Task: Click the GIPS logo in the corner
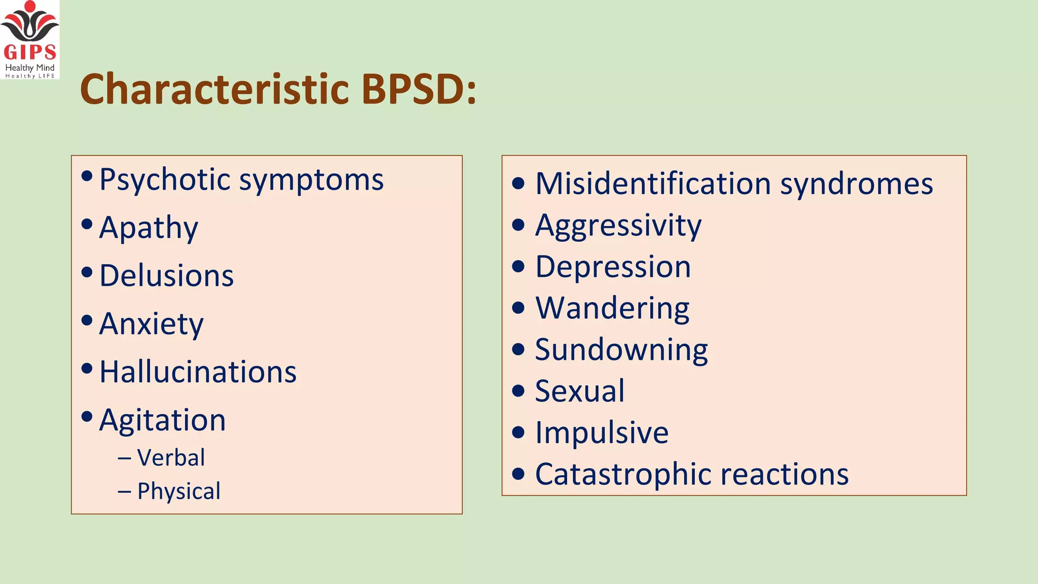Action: (x=30, y=40)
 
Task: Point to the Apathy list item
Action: (x=149, y=228)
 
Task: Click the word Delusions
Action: (x=166, y=276)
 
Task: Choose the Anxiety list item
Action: (x=151, y=324)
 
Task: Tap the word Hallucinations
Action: (x=198, y=372)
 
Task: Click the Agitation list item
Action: (x=162, y=420)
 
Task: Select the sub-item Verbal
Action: (x=171, y=458)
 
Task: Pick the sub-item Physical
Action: (x=178, y=491)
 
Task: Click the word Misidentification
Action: (x=653, y=184)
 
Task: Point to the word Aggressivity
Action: (x=618, y=225)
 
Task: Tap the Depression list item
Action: (x=613, y=267)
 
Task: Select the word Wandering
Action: (x=612, y=308)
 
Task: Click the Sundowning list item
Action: (x=621, y=350)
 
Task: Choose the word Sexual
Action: (x=580, y=391)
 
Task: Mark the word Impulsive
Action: (x=602, y=433)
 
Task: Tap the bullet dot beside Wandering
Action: (x=518, y=308)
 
